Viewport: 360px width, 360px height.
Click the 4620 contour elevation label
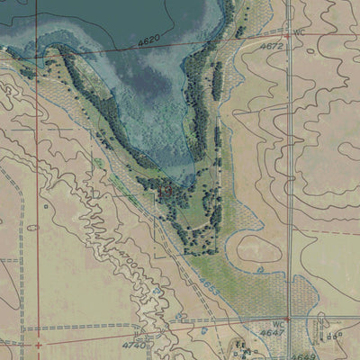pyautogui.click(x=148, y=40)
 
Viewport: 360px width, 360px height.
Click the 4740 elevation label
pyautogui.click(x=135, y=345)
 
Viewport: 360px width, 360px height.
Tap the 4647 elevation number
pyautogui.click(x=272, y=332)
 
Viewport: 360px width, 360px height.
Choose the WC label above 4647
pyautogui.click(x=277, y=321)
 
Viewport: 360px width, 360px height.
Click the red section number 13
pyautogui.click(x=166, y=190)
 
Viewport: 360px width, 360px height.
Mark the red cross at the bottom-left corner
pyautogui.click(x=38, y=344)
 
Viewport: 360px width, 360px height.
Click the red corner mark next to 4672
pyautogui.click(x=287, y=36)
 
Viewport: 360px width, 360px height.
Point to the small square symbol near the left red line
pyautogui.click(x=46, y=206)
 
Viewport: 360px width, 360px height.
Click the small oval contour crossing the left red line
pyautogui.click(x=33, y=228)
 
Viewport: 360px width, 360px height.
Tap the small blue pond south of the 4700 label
pyautogui.click(x=158, y=292)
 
